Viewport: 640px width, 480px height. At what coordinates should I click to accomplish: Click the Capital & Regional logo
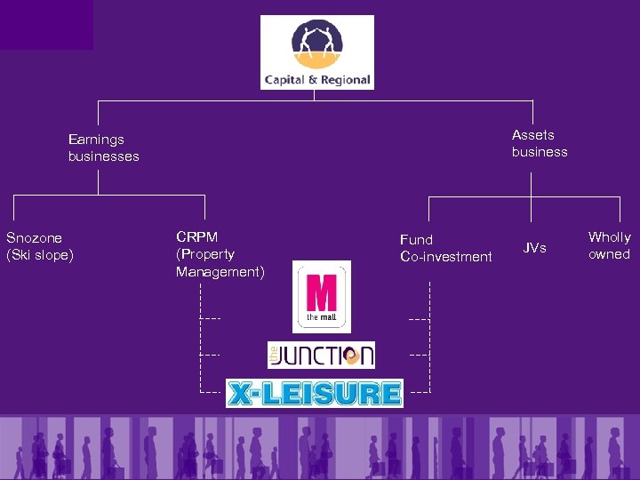(316, 52)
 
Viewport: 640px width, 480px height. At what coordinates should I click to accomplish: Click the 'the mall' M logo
(322, 297)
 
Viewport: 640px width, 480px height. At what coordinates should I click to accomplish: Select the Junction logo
(321, 355)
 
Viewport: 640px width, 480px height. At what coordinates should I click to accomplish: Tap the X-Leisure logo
(314, 393)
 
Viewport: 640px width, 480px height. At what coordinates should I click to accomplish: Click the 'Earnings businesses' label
(103, 148)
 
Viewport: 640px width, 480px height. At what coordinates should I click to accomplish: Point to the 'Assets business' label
(539, 143)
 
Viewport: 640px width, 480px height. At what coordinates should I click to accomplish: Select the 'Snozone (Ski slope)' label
(39, 246)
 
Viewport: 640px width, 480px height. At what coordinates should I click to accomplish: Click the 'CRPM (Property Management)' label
(220, 254)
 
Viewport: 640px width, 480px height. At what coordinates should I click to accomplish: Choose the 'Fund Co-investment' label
(445, 248)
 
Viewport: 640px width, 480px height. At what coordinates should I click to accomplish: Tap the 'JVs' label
(534, 248)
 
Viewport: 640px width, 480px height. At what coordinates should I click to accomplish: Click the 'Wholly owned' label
(609, 245)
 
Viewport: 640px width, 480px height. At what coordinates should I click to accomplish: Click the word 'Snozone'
(34, 238)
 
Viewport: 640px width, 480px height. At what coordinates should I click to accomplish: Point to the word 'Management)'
(220, 272)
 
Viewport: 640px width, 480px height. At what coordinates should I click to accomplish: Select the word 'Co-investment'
(445, 257)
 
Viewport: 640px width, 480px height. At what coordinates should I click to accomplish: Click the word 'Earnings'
(96, 140)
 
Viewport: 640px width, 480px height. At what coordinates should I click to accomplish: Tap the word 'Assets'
(532, 135)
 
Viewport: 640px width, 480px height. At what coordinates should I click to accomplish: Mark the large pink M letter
(321, 292)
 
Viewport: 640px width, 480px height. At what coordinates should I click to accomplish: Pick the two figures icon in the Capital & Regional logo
(316, 42)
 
